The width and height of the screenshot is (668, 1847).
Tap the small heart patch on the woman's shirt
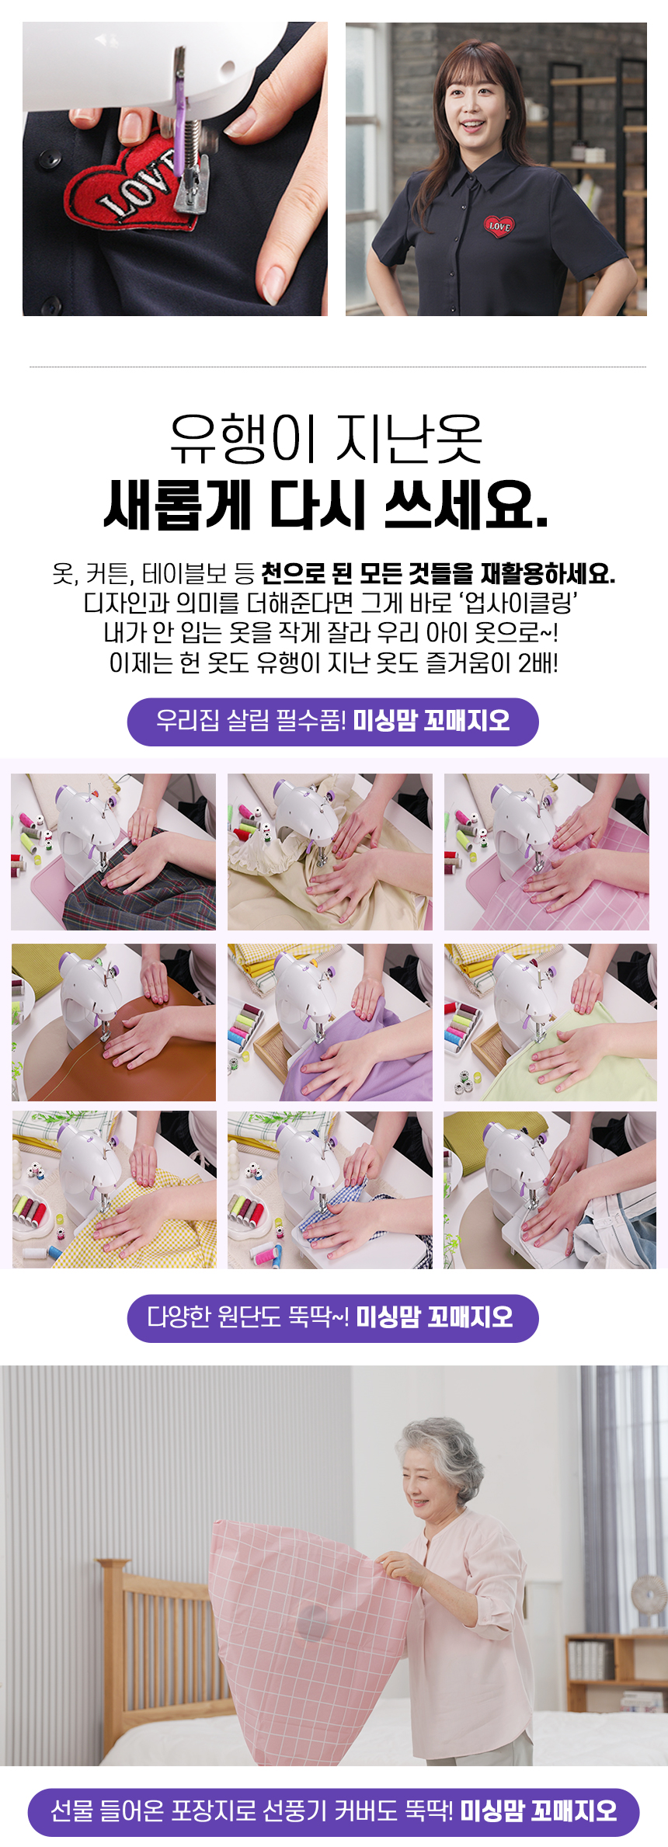(499, 226)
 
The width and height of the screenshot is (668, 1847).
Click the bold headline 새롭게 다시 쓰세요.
(327, 506)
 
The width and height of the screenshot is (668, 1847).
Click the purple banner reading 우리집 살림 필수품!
(332, 722)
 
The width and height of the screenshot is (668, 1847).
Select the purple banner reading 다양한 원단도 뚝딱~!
(332, 1318)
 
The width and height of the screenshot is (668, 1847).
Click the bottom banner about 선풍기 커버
(334, 1812)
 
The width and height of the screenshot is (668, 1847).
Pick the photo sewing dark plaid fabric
(113, 852)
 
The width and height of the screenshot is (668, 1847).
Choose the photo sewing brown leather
(113, 1022)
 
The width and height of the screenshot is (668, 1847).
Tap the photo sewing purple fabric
(330, 1022)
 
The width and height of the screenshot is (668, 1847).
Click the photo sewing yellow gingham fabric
(113, 1190)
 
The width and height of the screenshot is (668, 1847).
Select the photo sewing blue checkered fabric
(330, 1190)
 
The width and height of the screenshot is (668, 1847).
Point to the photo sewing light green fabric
(550, 1022)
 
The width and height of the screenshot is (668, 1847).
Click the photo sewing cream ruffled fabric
(330, 852)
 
